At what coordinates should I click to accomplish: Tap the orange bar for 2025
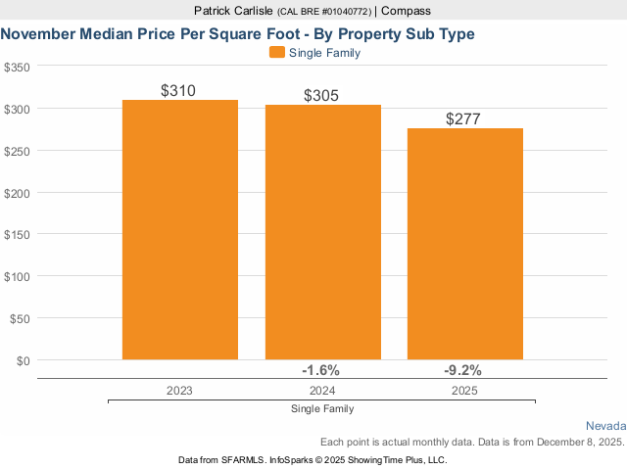click(x=465, y=244)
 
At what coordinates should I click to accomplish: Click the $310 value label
click(x=179, y=91)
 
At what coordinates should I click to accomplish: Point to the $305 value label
click(x=322, y=96)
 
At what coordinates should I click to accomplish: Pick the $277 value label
click(x=465, y=119)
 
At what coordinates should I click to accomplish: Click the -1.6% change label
click(x=320, y=370)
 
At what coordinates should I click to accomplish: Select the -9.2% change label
click(x=463, y=370)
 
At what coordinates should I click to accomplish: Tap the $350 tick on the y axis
click(x=17, y=67)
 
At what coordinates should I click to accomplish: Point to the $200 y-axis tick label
click(x=17, y=193)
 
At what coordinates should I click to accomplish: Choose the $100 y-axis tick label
click(x=17, y=276)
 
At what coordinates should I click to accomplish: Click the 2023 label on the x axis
click(x=179, y=390)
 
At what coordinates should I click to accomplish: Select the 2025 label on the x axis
click(x=465, y=390)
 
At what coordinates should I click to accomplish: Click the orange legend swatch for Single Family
click(x=276, y=53)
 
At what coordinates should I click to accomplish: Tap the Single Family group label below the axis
click(x=322, y=408)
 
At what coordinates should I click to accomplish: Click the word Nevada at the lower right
click(x=605, y=426)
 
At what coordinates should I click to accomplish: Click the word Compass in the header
click(x=405, y=11)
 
